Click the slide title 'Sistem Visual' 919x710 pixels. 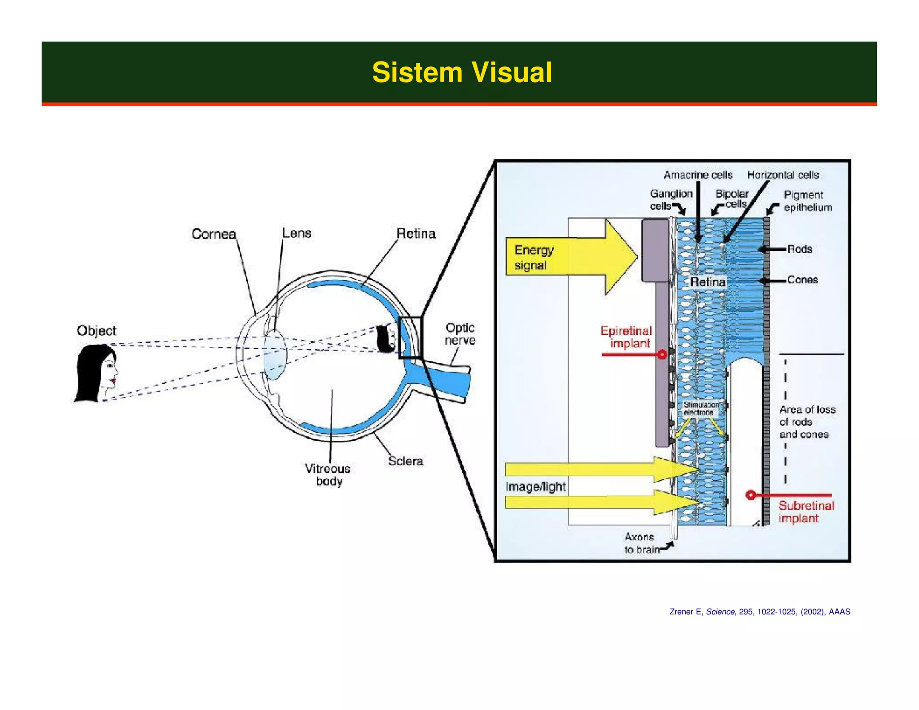[462, 72]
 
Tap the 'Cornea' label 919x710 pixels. [214, 234]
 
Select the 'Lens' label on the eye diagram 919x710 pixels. [297, 233]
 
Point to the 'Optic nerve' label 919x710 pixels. [460, 334]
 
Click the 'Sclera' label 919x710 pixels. [405, 461]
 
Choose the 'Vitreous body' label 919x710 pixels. [328, 475]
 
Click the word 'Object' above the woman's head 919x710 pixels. [96, 331]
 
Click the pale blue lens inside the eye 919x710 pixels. [275, 355]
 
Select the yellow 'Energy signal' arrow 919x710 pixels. [565, 257]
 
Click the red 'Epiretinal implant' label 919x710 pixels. [626, 337]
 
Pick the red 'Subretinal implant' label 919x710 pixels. [806, 512]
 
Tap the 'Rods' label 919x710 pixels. [800, 249]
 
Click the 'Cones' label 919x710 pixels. [802, 280]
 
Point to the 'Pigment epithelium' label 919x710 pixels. [807, 201]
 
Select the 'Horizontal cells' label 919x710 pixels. [783, 175]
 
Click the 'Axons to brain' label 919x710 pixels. [641, 543]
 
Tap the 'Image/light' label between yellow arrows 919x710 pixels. [535, 486]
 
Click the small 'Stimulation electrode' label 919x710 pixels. [700, 408]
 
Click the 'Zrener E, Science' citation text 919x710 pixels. [759, 612]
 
